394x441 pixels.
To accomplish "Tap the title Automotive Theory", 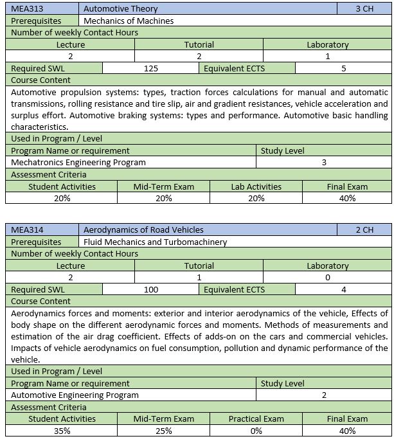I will pyautogui.click(x=121, y=9).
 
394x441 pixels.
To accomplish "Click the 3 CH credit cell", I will pyautogui.click(x=364, y=9).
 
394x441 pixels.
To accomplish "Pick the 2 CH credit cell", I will pyautogui.click(x=364, y=230).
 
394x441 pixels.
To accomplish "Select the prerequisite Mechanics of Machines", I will pyautogui.click(x=129, y=21).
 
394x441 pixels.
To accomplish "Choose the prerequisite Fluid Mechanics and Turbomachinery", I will pyautogui.click(x=155, y=242).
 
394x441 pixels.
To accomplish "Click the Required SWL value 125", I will pyautogui.click(x=151, y=68).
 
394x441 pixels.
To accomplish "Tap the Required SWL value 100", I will pyautogui.click(x=151, y=289).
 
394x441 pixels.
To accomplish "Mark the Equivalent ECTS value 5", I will pyautogui.click(x=344, y=68).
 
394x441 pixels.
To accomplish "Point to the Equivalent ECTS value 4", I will pyautogui.click(x=344, y=289).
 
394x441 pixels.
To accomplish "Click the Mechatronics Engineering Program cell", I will pyautogui.click(x=78, y=163).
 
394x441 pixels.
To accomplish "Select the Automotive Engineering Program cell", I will pyautogui.click(x=75, y=395).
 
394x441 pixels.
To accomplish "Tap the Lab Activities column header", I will pyautogui.click(x=256, y=186).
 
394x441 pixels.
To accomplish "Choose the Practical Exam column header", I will pyautogui.click(x=256, y=419).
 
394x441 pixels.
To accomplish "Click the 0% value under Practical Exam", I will pyautogui.click(x=256, y=431).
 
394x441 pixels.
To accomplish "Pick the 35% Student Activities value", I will pyautogui.click(x=62, y=431).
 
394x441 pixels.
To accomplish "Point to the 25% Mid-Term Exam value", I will pyautogui.click(x=163, y=431).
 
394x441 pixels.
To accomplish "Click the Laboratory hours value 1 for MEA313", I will pyautogui.click(x=328, y=56).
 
